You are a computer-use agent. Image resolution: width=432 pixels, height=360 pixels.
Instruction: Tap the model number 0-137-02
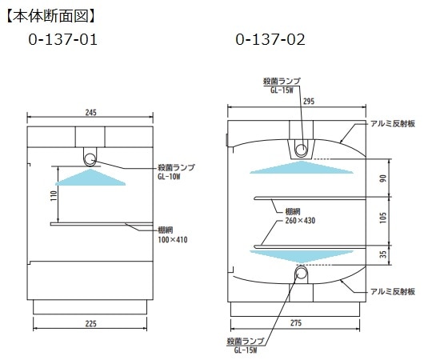tap(270, 38)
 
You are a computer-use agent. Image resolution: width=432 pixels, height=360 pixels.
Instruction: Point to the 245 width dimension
tap(90, 113)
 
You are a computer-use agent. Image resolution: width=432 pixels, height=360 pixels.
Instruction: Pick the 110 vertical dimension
tap(53, 194)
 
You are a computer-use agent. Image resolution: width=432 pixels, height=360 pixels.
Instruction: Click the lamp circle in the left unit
tap(90, 154)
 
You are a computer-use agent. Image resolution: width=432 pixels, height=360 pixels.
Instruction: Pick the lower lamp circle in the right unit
tap(301, 274)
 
